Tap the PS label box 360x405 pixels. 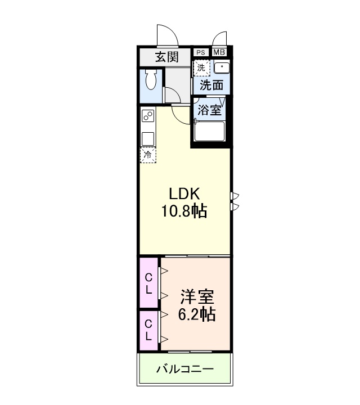[201, 52]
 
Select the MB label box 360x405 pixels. [219, 52]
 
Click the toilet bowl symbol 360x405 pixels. [151, 80]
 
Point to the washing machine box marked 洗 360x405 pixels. [201, 67]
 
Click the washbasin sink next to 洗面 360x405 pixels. [222, 68]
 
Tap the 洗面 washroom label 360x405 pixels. [212, 85]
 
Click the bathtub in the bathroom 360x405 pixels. [209, 133]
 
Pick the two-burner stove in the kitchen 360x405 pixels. [148, 117]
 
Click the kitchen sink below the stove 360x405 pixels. [148, 138]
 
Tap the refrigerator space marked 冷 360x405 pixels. [148, 155]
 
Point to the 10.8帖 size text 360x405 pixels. [184, 211]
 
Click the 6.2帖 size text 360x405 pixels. [196, 314]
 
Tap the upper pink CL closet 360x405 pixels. [149, 283]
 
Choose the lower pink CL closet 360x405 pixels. [149, 330]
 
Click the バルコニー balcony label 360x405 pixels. [184, 370]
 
